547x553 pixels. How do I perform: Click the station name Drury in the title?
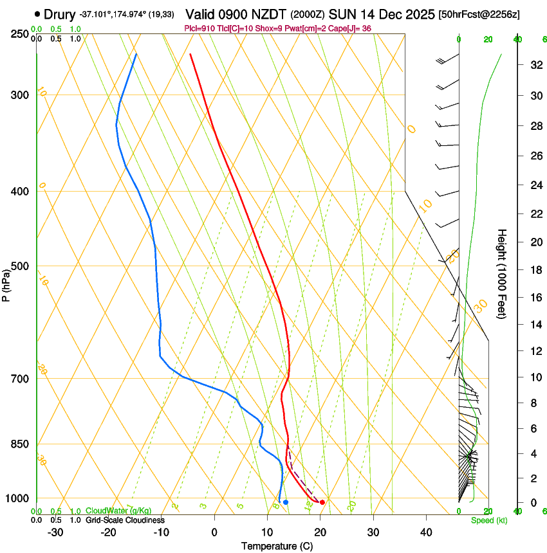(60, 14)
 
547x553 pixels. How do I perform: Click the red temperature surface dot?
(322, 502)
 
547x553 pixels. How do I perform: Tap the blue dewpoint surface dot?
(286, 502)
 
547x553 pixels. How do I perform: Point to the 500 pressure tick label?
(20, 266)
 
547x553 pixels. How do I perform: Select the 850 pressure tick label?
(20, 444)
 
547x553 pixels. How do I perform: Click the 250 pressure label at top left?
(20, 34)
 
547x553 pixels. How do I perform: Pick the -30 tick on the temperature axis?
(55, 532)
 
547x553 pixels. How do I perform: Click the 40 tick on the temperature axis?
(426, 532)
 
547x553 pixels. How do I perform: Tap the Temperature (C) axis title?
(277, 546)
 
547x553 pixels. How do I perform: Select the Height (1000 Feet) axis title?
(503, 273)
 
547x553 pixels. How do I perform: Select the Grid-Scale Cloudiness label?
(124, 520)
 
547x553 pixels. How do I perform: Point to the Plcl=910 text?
(199, 28)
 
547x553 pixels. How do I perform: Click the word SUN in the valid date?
(341, 14)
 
